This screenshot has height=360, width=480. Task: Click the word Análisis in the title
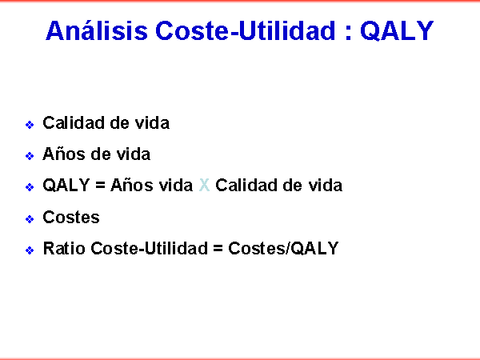[97, 30]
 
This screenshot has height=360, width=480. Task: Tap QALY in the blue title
[397, 30]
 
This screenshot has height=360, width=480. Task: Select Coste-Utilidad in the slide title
[246, 30]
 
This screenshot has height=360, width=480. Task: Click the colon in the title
[348, 33]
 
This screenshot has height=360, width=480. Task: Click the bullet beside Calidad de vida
[30, 125]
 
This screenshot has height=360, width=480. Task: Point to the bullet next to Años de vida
[30, 156]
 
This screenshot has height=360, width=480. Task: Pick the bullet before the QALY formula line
[30, 186]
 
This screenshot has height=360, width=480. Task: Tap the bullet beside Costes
[30, 219]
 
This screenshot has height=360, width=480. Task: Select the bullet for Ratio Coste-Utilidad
[30, 250]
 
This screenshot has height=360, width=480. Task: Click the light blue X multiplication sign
[204, 186]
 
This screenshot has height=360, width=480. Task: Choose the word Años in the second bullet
[64, 154]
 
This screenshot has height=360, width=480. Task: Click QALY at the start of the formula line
[66, 186]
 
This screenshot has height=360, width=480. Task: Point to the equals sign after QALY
[100, 186]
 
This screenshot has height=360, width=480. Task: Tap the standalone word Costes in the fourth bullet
[71, 218]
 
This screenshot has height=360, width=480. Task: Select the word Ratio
[64, 248]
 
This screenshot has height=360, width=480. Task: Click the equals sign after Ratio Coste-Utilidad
[218, 248]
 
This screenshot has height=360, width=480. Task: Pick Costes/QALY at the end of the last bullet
[283, 248]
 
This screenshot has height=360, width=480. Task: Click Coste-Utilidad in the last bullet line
[149, 248]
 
